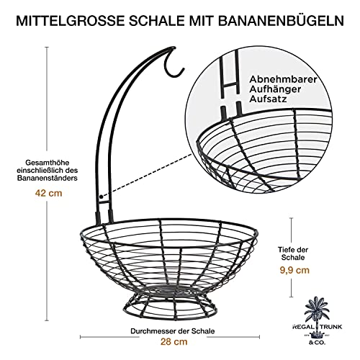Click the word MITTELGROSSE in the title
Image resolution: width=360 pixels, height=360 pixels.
tap(71, 21)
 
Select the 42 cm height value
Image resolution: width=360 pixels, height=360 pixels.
tap(48, 193)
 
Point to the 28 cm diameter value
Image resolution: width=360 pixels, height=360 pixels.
tap(174, 341)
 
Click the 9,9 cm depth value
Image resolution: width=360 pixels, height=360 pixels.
tap(294, 271)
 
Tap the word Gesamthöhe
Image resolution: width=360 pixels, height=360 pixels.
tap(48, 163)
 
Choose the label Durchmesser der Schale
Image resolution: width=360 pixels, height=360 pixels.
tap(173, 331)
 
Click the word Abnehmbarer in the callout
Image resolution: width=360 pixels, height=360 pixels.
tap(283, 79)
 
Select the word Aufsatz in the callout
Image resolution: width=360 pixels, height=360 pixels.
tap(268, 99)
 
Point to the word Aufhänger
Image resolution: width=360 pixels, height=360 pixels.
tap(275, 89)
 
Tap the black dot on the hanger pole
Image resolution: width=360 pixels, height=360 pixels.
tap(102, 197)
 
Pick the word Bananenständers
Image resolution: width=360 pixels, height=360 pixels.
tap(48, 179)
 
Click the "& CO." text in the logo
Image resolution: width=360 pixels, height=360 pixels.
tap(317, 343)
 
